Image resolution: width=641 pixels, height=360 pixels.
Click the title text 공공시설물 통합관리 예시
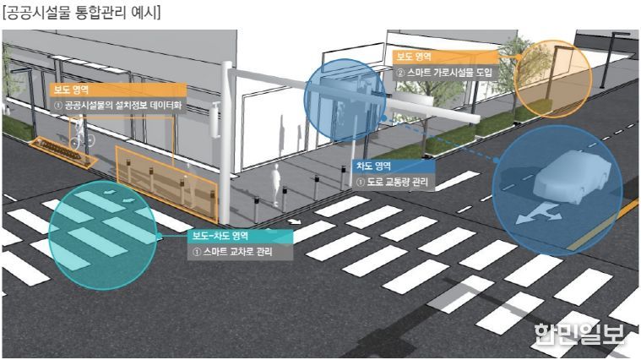[x=81, y=13]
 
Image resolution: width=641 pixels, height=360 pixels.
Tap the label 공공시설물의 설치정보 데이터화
[x=118, y=106]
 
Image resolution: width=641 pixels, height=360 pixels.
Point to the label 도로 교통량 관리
[x=392, y=182]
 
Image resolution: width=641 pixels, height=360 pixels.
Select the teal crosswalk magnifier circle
[x=103, y=235]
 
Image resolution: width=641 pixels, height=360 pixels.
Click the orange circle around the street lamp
[x=551, y=79]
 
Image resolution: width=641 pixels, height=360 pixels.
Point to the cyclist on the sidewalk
[x=80, y=134]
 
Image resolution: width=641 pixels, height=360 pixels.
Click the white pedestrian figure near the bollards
[x=276, y=183]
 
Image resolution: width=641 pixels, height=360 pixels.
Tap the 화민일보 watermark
[x=579, y=334]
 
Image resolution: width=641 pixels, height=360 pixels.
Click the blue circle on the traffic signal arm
[x=345, y=101]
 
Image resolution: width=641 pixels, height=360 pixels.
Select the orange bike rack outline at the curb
[x=63, y=152]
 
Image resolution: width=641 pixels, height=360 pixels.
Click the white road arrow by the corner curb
[x=294, y=222]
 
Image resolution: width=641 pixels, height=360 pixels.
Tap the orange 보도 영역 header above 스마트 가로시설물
[x=446, y=57]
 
